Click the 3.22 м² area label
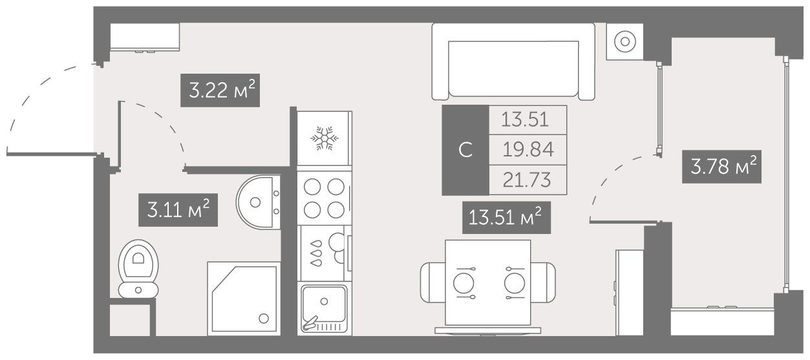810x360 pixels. point(220,90)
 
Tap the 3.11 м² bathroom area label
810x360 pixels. point(178,210)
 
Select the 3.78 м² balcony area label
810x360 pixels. point(722,167)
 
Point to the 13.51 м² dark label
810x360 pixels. point(506,218)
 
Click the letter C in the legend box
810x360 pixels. point(465,150)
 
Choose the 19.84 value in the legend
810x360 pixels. point(528,150)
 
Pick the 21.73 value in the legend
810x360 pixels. point(527,180)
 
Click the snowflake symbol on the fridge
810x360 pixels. point(325,138)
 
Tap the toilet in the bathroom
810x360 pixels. point(138,269)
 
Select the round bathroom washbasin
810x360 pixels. point(258,202)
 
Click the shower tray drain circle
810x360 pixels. point(264,319)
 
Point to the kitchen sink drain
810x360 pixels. point(324,301)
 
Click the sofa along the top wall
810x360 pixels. point(513,61)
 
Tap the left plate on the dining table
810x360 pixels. point(464,283)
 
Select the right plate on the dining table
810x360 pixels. point(515,283)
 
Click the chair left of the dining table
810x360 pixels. point(433,282)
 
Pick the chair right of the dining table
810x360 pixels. point(543,282)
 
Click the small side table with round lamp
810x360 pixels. point(625,41)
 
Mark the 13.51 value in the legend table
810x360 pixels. point(525,120)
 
